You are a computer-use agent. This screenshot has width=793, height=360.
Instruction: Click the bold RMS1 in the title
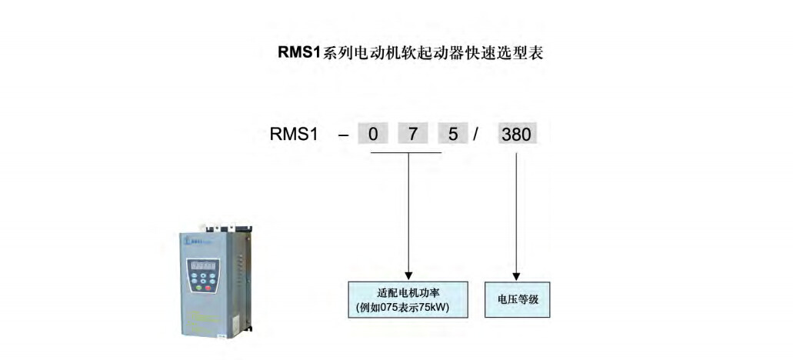[298, 54]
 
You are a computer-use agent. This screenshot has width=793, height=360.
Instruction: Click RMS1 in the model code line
[293, 134]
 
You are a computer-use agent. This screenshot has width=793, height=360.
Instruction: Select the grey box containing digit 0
[373, 134]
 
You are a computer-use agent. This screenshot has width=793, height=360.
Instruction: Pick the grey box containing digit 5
[452, 134]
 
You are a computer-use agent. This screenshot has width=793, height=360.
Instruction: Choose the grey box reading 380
[516, 134]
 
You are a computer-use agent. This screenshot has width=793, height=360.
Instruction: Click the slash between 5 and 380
[476, 134]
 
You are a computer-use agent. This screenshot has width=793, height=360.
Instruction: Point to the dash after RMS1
[343, 135]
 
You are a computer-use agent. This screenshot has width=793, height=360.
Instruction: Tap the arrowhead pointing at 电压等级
[516, 275]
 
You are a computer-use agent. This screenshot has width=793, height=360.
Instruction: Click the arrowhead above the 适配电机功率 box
[408, 274]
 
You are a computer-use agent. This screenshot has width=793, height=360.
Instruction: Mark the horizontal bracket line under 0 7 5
[406, 152]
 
